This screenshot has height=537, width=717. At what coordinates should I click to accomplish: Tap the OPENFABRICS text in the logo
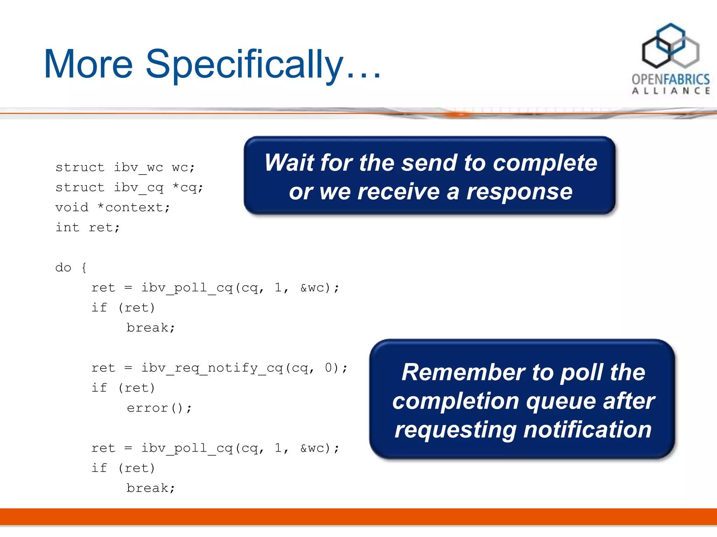point(670,79)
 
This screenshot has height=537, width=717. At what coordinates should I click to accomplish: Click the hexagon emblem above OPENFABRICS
point(670,46)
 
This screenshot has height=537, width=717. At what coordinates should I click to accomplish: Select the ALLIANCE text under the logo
point(670,91)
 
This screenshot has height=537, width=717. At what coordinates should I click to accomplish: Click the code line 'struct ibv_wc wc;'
point(125,167)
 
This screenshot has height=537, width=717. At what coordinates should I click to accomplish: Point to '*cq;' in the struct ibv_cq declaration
point(188,188)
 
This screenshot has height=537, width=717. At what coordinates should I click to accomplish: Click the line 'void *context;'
point(112,208)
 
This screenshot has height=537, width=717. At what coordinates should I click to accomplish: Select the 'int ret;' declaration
point(88,228)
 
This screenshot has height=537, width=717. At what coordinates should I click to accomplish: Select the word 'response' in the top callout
point(519,192)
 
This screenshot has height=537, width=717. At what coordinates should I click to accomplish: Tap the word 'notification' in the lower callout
point(587,430)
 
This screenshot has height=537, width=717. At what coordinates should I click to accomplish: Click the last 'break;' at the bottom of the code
point(151,488)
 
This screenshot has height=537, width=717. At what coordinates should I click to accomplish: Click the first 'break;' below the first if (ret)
point(151,328)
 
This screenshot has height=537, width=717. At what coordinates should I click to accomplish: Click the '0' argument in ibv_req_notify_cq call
point(328,368)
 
